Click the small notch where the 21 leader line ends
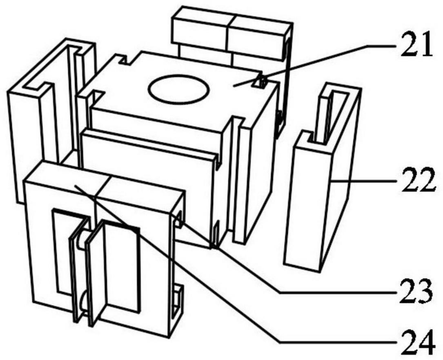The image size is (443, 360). click(x=262, y=81)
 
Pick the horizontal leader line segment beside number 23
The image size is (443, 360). click(x=338, y=293)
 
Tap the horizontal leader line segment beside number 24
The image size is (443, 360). click(x=338, y=342)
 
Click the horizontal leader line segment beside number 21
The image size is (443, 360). click(x=383, y=45)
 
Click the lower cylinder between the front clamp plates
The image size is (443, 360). click(x=84, y=302)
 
